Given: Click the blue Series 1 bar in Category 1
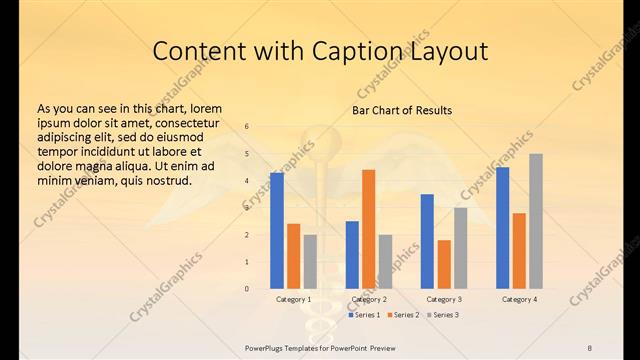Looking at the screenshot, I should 277,231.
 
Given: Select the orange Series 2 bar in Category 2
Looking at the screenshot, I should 368,229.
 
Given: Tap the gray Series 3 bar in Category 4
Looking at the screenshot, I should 536,221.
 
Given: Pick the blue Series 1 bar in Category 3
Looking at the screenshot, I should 427,241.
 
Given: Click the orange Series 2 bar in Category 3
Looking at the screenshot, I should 444,264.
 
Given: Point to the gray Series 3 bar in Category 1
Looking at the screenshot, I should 310,261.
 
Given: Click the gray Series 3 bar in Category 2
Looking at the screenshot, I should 386,261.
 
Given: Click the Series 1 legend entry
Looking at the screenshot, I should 365,315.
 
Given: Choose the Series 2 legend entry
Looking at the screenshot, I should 402,315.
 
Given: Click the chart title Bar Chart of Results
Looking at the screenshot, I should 402,110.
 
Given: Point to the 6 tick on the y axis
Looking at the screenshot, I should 247,127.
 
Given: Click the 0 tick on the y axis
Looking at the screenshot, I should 247,289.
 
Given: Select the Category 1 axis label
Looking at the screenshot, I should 294,299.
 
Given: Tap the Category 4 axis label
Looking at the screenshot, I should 518,299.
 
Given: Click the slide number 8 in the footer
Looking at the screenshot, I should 590,348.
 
